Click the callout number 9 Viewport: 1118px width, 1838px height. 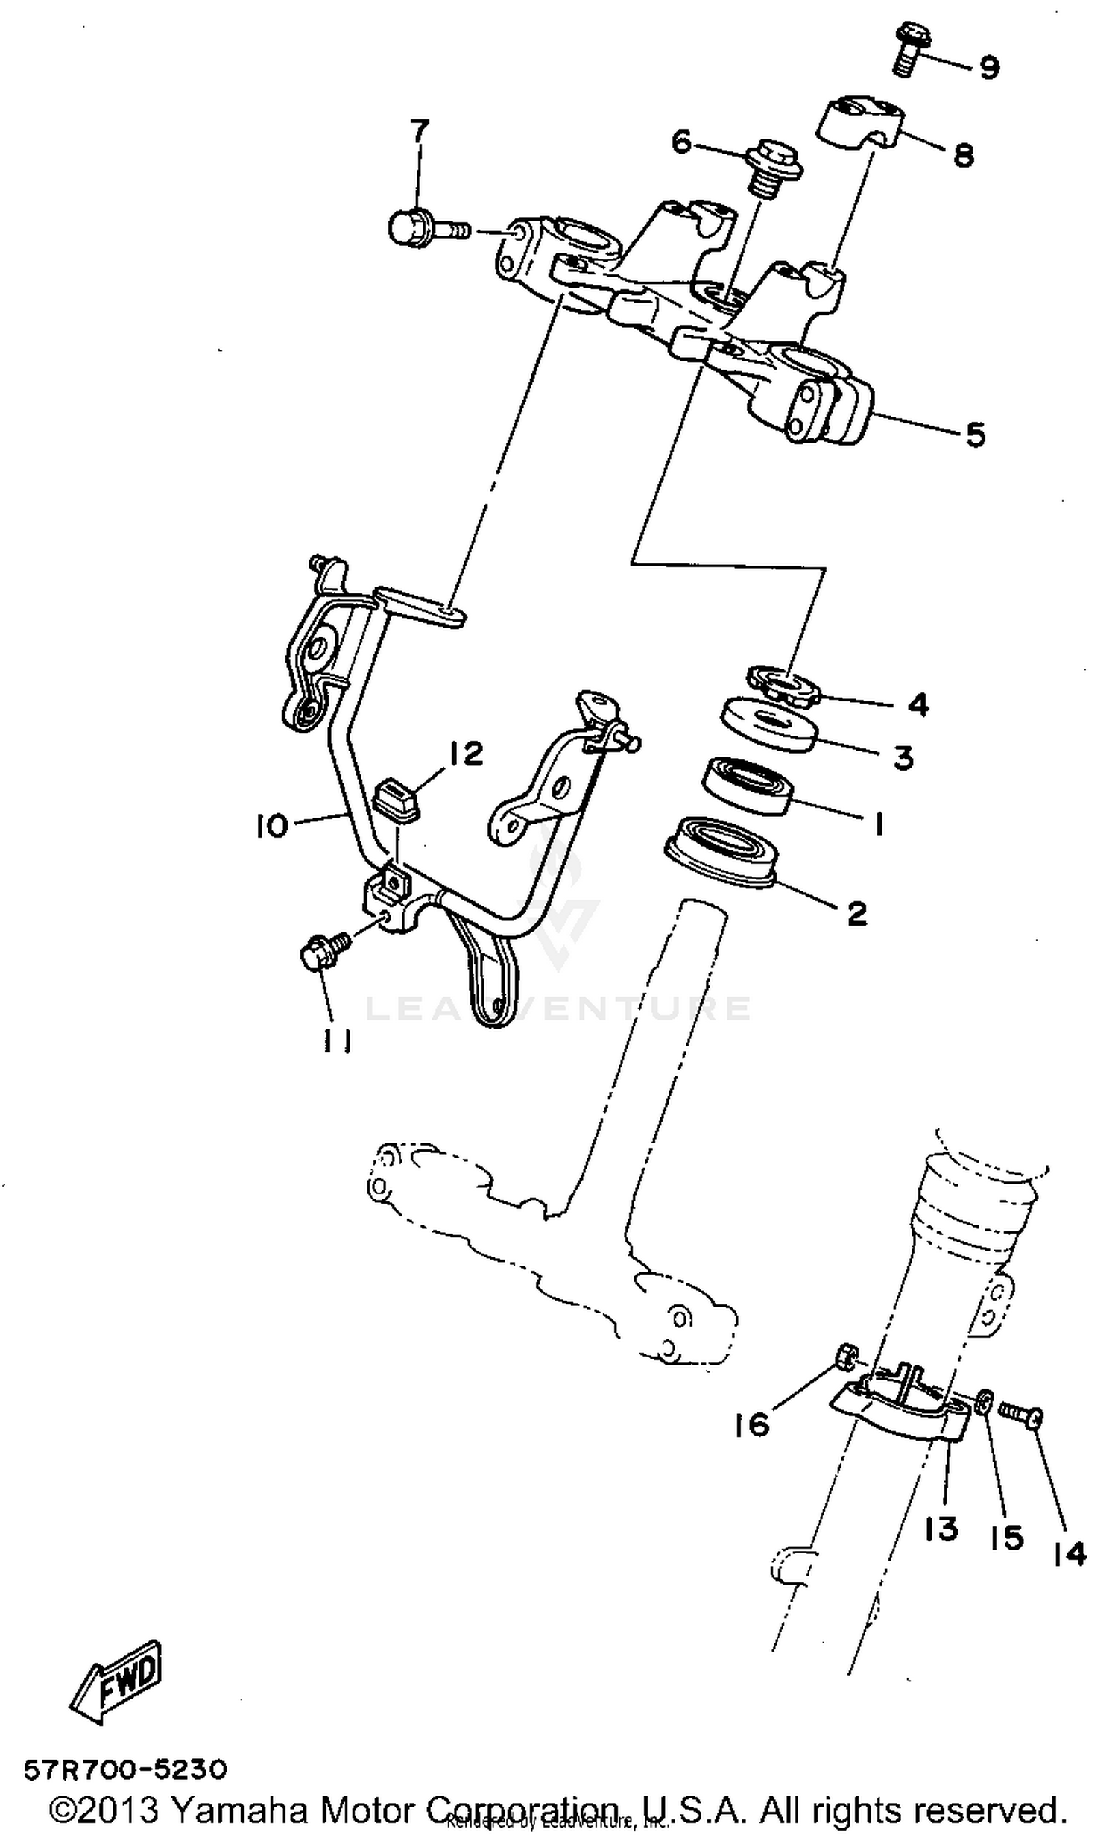click(x=988, y=68)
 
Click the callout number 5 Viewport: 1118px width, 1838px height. click(x=976, y=434)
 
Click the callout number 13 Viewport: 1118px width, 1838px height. click(x=941, y=1529)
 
